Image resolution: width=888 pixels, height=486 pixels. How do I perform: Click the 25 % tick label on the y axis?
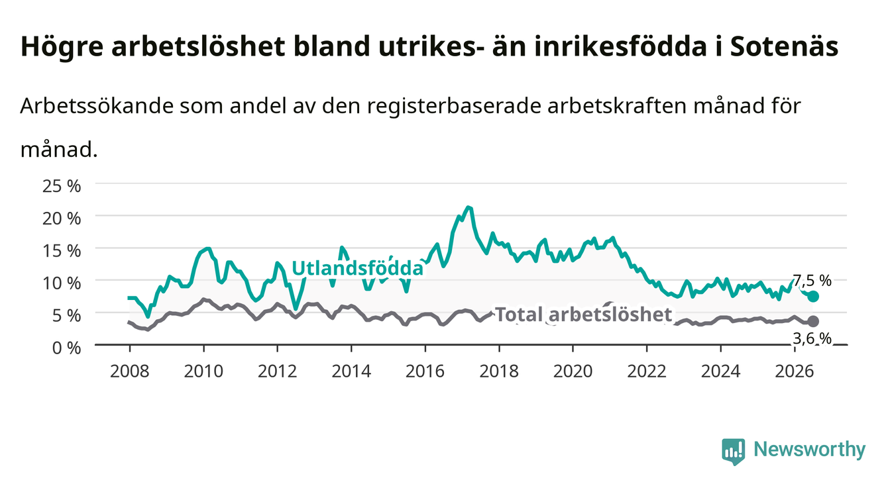62,186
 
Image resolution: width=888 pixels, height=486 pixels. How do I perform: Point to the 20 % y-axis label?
62,219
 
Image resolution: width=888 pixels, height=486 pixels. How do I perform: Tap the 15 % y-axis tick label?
62,251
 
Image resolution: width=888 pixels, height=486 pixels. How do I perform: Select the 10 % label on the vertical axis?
62,283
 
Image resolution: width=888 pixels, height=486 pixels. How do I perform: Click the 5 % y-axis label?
66,316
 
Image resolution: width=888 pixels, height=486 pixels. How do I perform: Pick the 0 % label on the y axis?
66,348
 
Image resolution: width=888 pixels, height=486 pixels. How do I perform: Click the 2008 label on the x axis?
130,371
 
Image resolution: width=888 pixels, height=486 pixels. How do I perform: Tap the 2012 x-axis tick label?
278,371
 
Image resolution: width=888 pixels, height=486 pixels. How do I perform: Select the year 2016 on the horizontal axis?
425,371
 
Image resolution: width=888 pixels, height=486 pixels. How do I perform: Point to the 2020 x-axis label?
573,371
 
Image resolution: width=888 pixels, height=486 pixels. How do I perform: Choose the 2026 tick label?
795,371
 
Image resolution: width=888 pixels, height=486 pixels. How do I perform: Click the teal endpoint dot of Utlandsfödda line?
813,296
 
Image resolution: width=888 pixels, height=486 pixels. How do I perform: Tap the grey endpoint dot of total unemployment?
813,321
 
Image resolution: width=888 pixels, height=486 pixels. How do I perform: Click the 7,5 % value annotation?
812,281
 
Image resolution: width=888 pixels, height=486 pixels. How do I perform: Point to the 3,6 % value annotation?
812,338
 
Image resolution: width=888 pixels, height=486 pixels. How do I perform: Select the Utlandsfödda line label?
358,268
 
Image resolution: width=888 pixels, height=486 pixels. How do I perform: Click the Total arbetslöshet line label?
584,315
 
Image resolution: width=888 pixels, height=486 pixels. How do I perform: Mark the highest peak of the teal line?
469,207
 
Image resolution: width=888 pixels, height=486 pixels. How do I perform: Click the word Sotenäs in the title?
784,46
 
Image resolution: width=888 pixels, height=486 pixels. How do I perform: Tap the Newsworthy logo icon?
734,452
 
